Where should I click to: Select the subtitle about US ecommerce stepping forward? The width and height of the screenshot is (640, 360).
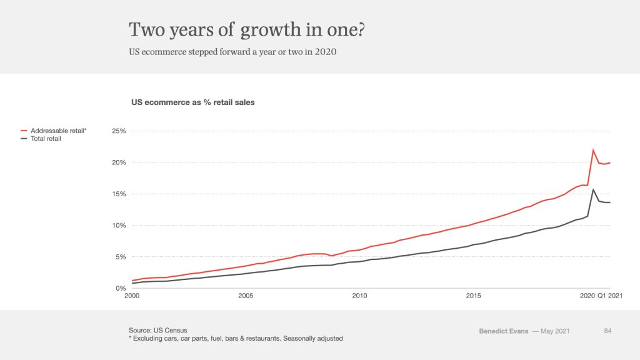[x=232, y=52]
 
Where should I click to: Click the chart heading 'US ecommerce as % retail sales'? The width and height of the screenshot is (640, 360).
[x=192, y=102]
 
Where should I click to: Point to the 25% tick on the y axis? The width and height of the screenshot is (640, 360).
[x=119, y=131]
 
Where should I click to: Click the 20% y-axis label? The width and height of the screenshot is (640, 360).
[x=119, y=162]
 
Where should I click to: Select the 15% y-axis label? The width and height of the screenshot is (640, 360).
[x=119, y=194]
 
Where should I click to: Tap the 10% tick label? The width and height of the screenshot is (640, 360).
[x=119, y=226]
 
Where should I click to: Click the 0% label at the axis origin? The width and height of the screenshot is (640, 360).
[x=121, y=288]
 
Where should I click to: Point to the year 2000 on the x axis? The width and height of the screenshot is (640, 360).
[x=132, y=296]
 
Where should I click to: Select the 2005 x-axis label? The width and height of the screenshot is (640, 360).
[x=246, y=296]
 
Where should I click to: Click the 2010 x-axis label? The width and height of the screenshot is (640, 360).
[x=359, y=296]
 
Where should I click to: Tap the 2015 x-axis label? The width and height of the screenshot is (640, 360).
[x=472, y=296]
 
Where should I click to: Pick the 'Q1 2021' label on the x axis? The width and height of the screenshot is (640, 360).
[x=609, y=296]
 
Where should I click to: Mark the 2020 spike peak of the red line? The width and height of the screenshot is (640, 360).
[x=593, y=150]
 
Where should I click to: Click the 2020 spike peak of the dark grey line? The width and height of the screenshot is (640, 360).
[x=593, y=189]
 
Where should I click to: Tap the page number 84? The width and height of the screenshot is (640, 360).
[x=607, y=331]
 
